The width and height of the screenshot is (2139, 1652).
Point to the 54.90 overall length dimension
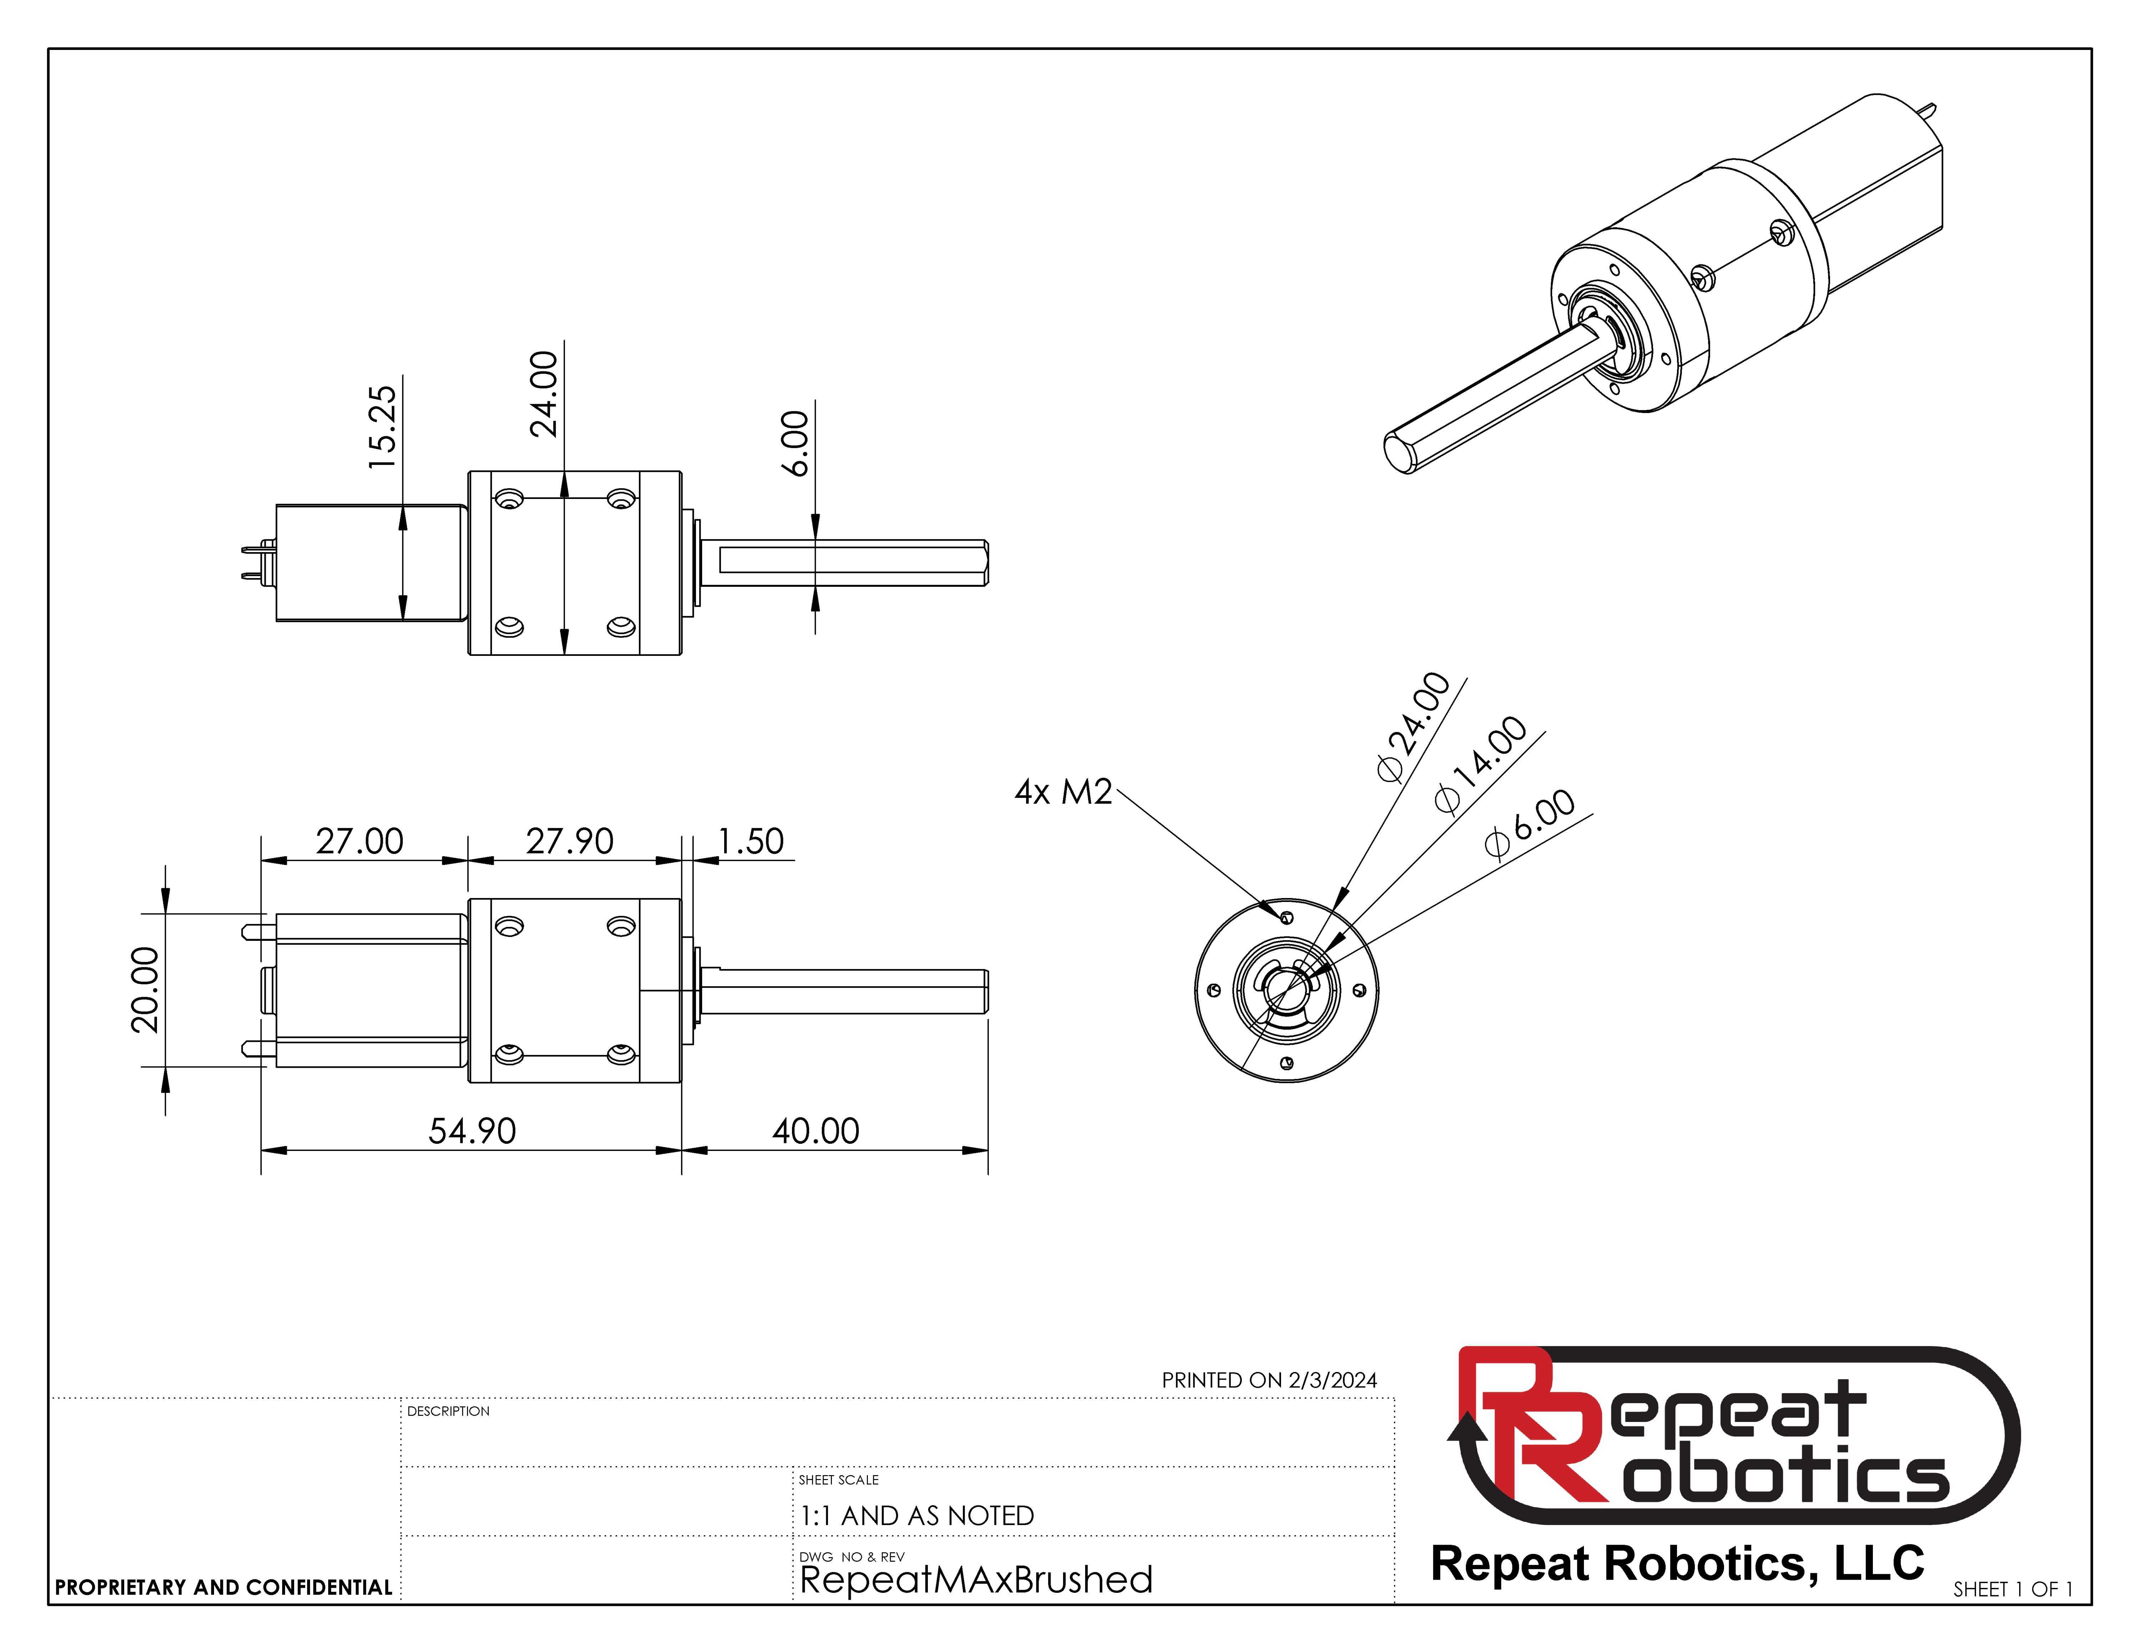coord(472,1131)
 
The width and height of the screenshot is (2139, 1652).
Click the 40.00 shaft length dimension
coord(816,1131)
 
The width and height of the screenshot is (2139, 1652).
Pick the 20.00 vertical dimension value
coord(145,990)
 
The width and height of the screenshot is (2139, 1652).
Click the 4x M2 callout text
coord(1064,791)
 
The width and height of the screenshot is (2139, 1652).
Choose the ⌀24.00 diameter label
coord(1413,726)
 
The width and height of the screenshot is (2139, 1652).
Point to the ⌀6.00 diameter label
coord(1530,822)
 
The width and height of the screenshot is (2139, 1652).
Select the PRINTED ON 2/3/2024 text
coord(1269,1380)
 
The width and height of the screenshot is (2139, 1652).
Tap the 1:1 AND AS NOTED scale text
coord(917,1515)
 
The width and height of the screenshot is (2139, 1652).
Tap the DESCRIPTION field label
coord(448,1411)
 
